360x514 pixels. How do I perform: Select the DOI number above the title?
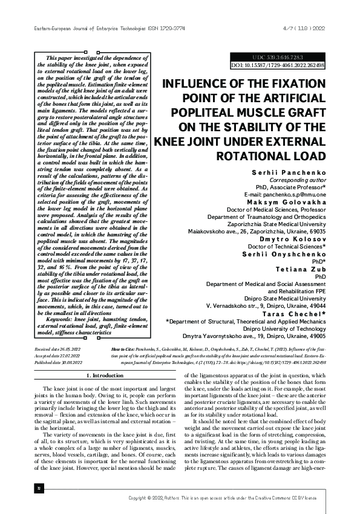pos(278,64)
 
